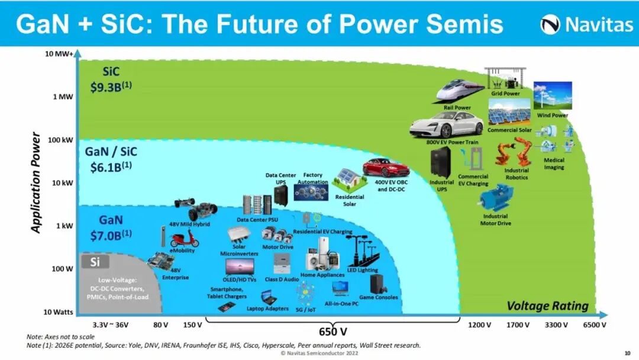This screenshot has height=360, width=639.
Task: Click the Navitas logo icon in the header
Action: point(550,25)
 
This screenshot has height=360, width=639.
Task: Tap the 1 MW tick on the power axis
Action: point(62,97)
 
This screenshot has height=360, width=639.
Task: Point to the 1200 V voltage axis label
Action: point(479,325)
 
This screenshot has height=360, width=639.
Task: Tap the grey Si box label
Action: point(95,262)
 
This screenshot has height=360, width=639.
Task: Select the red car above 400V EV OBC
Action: point(386,168)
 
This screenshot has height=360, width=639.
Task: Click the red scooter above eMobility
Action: point(184,238)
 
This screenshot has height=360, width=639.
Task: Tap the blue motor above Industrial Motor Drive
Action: point(496,198)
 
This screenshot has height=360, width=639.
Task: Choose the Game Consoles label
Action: point(379,297)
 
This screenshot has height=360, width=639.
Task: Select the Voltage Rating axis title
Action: point(548,306)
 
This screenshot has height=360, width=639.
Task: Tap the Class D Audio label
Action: point(281,278)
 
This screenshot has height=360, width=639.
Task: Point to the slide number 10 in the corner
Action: point(627,353)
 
